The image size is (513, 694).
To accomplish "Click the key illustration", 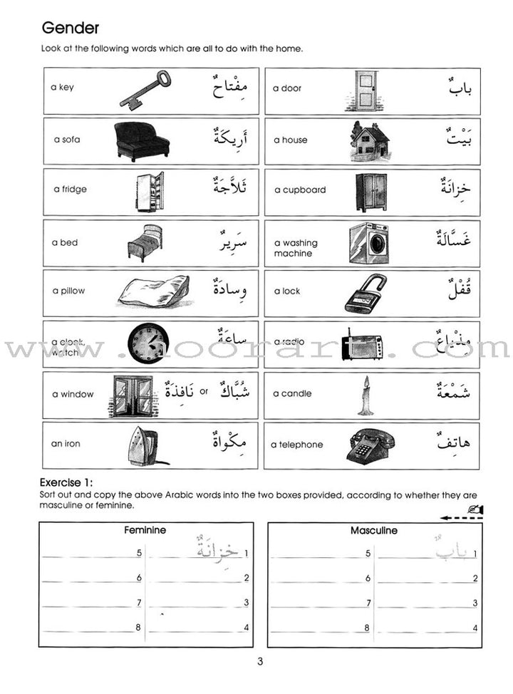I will pos(145,90).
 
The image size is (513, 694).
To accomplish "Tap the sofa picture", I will pos(142,140).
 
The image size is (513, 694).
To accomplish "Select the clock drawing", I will pos(148,342).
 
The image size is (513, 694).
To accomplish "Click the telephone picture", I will pos(368,446).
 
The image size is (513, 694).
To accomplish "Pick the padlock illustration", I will pos(366,294).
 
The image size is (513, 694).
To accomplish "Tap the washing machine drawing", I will pos(368,243).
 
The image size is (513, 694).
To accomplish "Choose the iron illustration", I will pos(147,445).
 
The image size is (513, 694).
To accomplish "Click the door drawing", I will pos(366,90).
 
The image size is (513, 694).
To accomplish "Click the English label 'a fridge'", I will pos(69,190).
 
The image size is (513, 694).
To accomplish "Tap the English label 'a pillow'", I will pos(68,291).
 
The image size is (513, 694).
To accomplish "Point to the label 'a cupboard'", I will pos(300,190).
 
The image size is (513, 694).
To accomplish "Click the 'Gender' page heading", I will pos(71,29).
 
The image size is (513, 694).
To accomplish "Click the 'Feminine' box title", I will pos(145,531).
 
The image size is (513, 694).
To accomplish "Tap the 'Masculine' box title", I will pos(374,531).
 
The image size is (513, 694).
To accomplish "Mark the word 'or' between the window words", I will pos(203,391).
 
